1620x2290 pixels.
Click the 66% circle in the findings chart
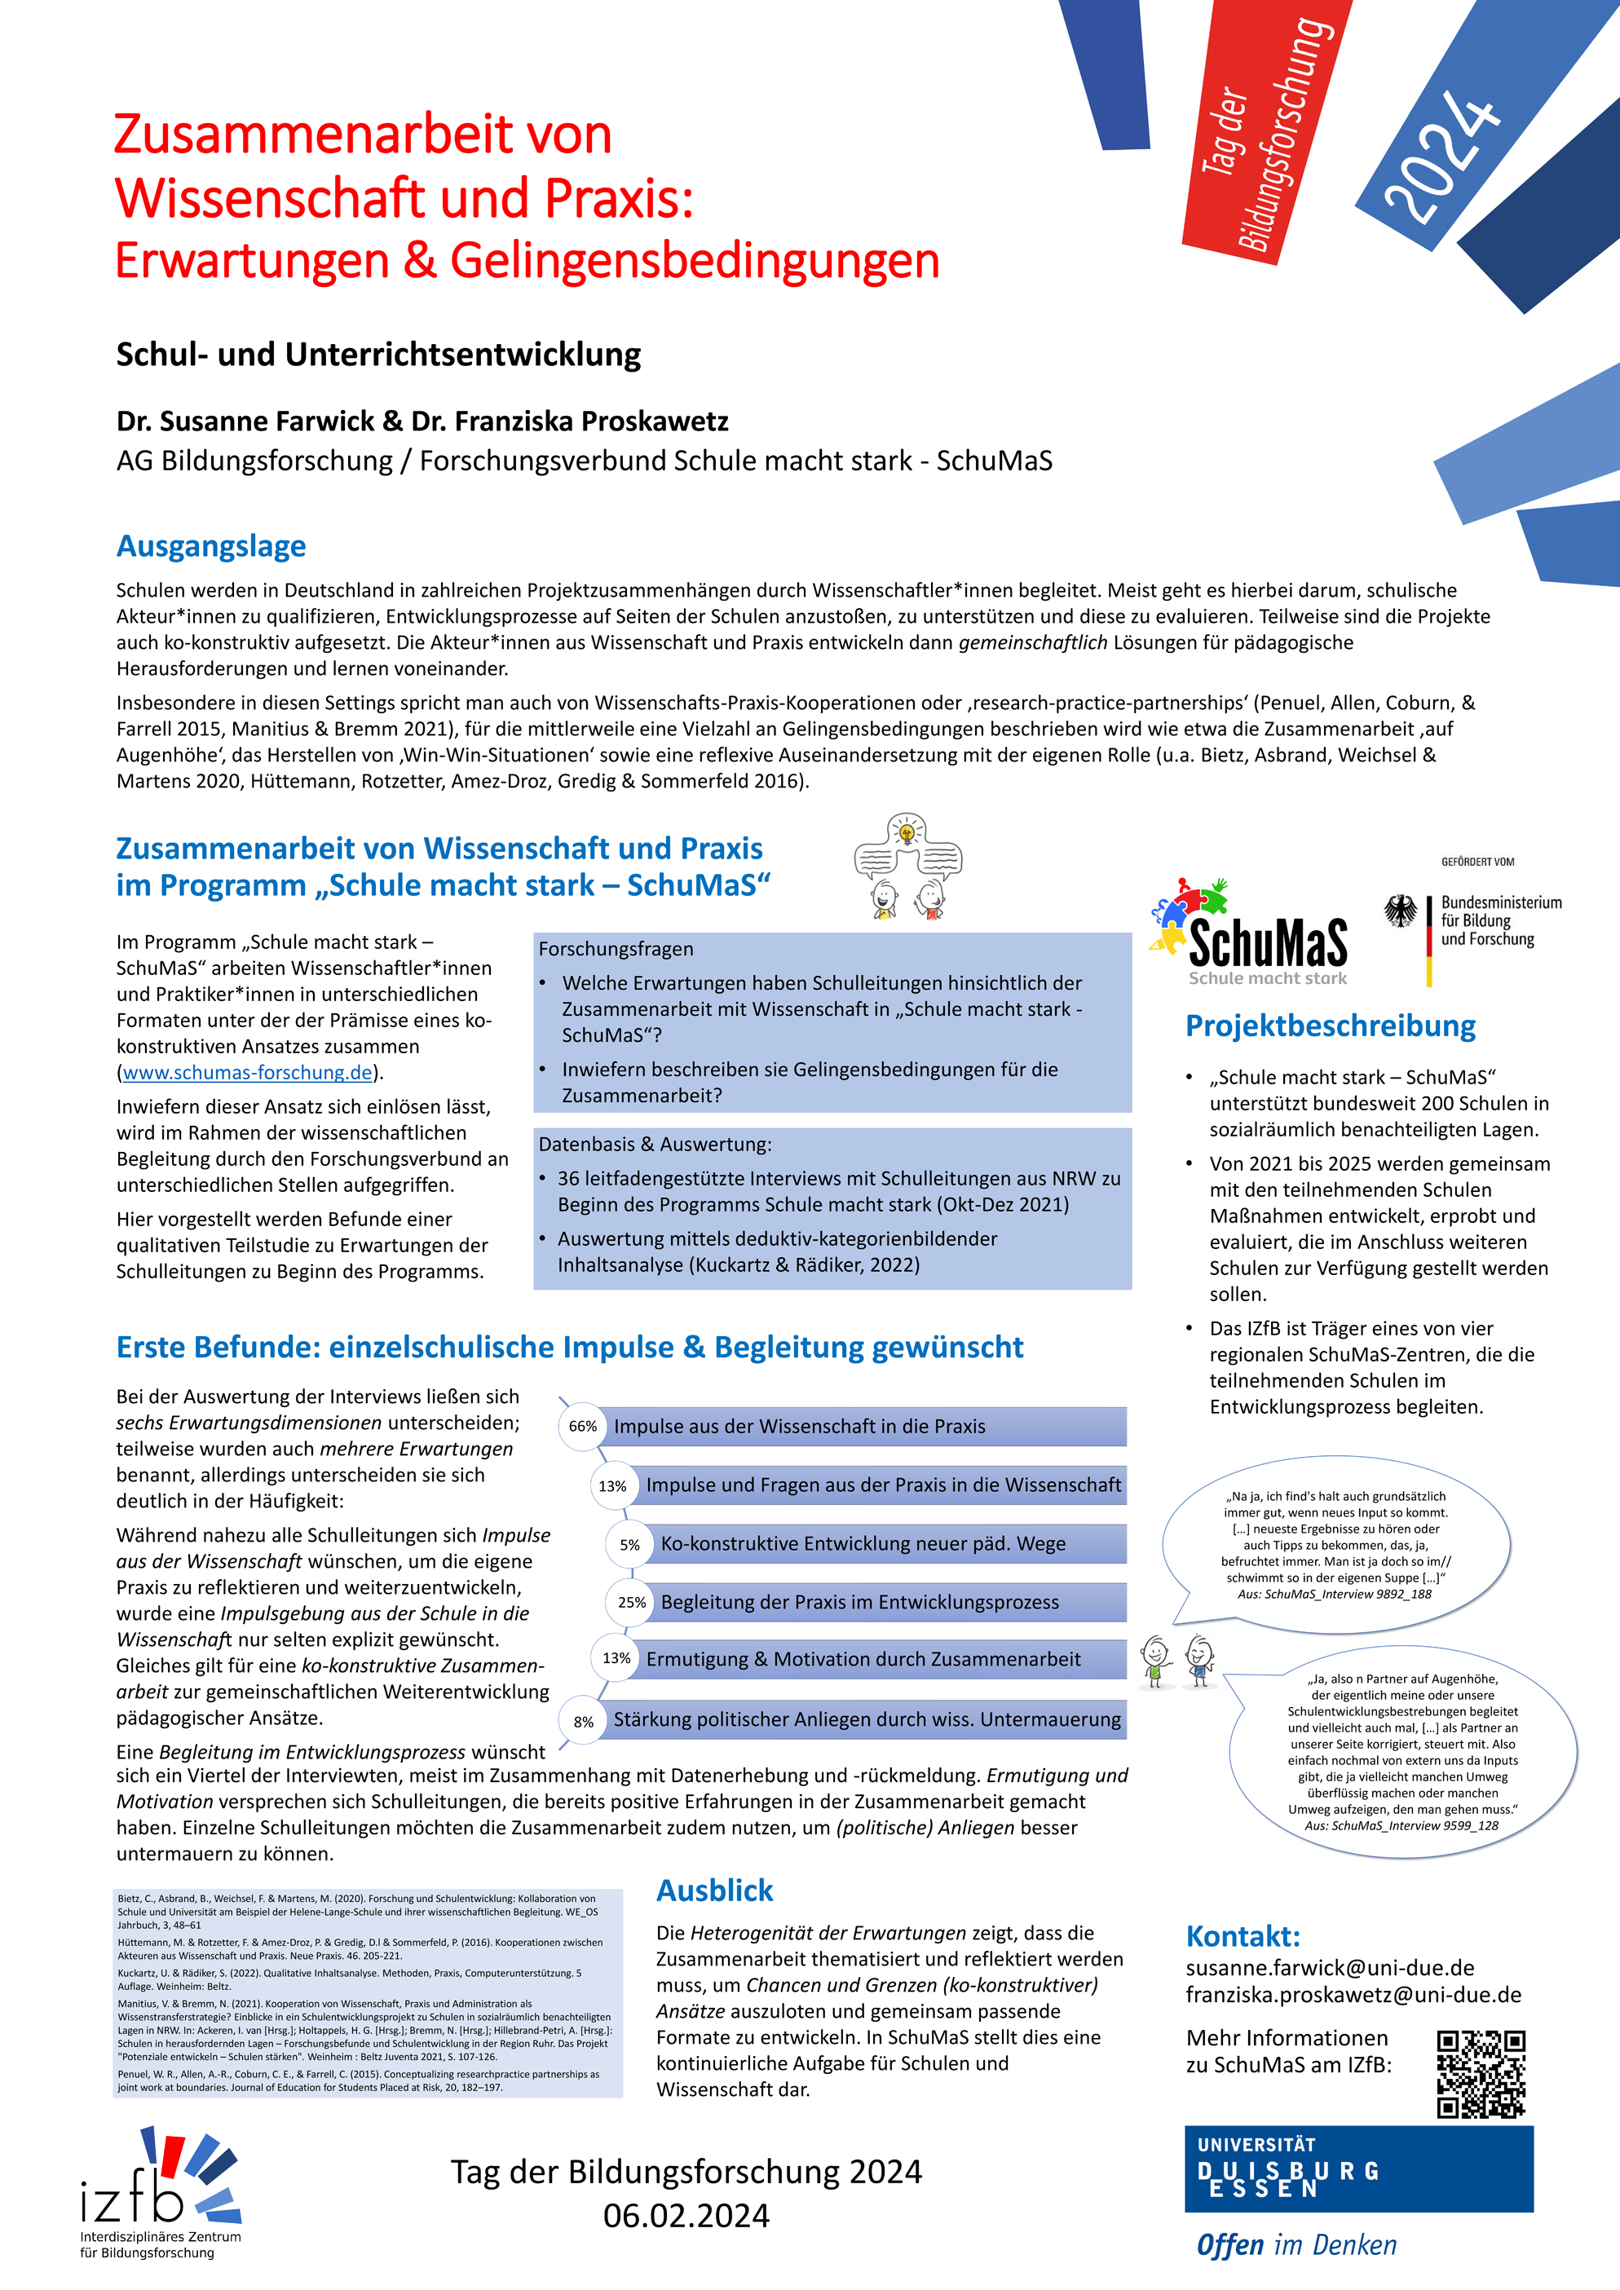pyautogui.click(x=583, y=1427)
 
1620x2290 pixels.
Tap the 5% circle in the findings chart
pyautogui.click(x=629, y=1545)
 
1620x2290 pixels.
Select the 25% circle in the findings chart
pyautogui.click(x=631, y=1603)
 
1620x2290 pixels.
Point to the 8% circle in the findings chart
pyautogui.click(x=584, y=1722)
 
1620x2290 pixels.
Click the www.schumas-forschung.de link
pyautogui.click(x=247, y=1072)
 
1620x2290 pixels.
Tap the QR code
pyautogui.click(x=1481, y=2075)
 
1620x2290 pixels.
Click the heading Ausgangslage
pyautogui.click(x=211, y=546)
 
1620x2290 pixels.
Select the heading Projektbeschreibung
pyautogui.click(x=1330, y=1026)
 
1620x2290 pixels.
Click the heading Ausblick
pyautogui.click(x=714, y=1890)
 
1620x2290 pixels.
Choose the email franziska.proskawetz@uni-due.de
pyautogui.click(x=1353, y=1995)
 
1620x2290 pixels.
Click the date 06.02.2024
pyautogui.click(x=686, y=2216)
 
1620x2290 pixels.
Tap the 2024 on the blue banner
pyautogui.click(x=1442, y=156)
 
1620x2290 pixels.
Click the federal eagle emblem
pyautogui.click(x=1401, y=910)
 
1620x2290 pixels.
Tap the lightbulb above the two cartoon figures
pyautogui.click(x=907, y=832)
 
